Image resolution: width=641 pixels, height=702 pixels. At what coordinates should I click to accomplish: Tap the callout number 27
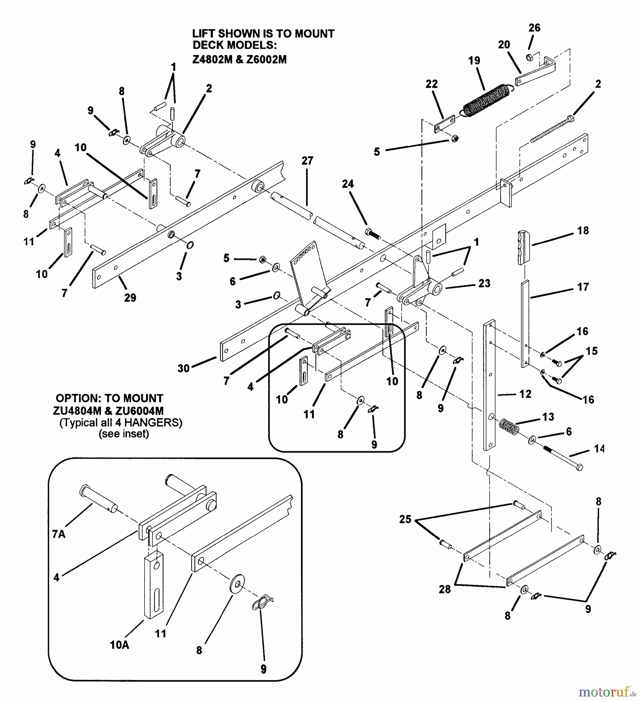307,161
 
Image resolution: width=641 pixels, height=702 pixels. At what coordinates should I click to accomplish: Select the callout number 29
130,298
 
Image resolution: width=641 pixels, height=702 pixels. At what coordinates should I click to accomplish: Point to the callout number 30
184,368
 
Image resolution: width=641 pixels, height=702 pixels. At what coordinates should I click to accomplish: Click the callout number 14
599,449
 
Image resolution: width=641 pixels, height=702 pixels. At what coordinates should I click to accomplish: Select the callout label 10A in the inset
119,645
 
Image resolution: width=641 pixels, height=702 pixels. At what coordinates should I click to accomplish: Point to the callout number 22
432,84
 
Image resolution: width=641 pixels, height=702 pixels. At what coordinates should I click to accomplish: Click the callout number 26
534,28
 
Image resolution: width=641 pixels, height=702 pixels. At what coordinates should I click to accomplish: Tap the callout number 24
347,184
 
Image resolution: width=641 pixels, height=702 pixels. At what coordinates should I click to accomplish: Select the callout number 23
484,284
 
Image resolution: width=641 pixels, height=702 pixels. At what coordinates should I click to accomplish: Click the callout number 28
444,589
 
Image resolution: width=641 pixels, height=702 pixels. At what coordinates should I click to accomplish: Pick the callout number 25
405,519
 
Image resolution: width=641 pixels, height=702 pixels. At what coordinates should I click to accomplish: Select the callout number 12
525,394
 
